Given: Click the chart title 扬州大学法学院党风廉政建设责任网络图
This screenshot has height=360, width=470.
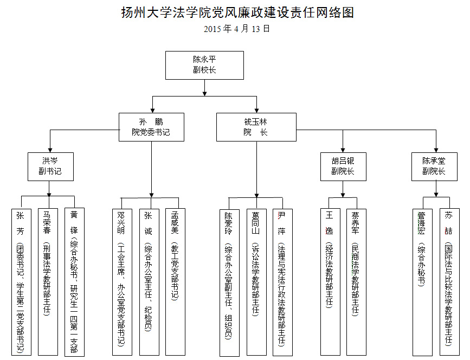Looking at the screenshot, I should (x=237, y=12).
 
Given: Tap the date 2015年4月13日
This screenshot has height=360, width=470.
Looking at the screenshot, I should (x=237, y=29).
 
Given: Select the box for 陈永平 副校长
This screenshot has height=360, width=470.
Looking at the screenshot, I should (x=204, y=65).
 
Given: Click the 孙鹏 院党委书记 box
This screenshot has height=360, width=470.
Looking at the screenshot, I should (x=151, y=127).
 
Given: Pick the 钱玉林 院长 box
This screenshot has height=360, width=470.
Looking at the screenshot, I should (x=256, y=127).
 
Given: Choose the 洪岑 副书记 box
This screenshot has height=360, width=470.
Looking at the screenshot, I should (x=50, y=166).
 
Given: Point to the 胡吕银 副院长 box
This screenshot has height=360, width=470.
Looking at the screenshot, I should (x=343, y=166).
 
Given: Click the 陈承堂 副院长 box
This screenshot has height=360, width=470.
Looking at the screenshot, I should (x=434, y=166).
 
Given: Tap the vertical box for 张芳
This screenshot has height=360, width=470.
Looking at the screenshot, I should (x=21, y=281).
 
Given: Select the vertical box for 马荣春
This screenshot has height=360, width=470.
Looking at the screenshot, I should (x=47, y=281).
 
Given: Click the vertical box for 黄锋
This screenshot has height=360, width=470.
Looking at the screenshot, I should (x=74, y=281).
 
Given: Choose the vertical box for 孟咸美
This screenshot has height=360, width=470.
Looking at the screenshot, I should (x=175, y=282).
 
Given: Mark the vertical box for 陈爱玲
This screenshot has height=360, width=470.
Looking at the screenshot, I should (x=229, y=282).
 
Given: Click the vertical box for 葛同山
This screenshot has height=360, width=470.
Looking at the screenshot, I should (x=255, y=282).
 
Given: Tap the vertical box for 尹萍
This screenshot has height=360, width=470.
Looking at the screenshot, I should (x=282, y=282).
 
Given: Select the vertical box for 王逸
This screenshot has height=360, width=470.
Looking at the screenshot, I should (x=330, y=282).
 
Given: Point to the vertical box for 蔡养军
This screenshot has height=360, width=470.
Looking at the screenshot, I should (x=356, y=282).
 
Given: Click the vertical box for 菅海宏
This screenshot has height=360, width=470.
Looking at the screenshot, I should (x=422, y=282).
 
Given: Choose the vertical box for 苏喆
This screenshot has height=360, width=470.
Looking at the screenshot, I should (x=448, y=282).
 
